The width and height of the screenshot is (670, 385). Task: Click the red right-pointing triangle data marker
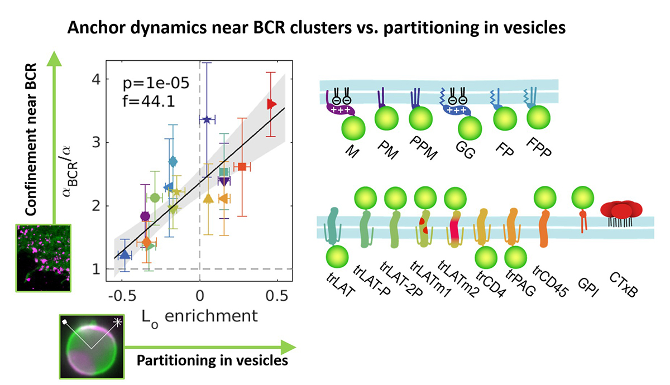(x=272, y=104)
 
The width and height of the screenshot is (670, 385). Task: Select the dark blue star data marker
(x=207, y=119)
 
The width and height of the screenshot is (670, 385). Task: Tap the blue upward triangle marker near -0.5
(x=125, y=254)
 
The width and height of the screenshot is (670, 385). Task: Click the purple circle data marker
(x=145, y=216)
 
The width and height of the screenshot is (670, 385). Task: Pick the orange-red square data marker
(x=242, y=167)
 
